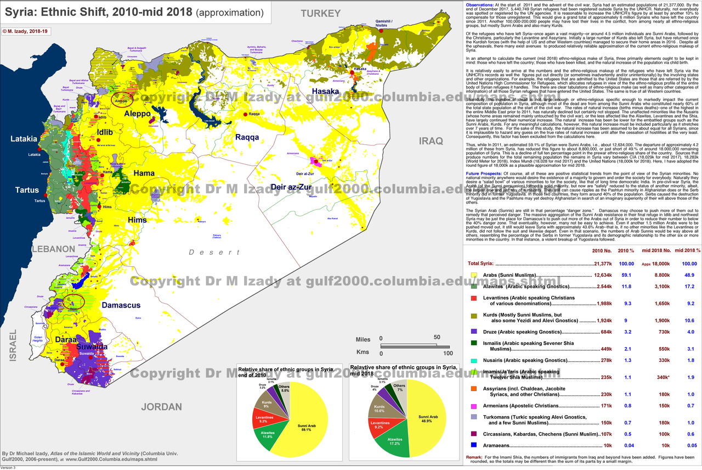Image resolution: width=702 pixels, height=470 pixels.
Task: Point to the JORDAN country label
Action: (x=161, y=407)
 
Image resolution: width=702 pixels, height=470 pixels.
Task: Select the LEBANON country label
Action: (x=53, y=249)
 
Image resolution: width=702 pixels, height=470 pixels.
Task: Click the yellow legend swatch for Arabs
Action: (x=474, y=275)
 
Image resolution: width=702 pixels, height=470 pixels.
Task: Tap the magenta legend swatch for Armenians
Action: (x=474, y=406)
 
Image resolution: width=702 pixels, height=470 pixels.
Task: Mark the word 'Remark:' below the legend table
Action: (x=474, y=457)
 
